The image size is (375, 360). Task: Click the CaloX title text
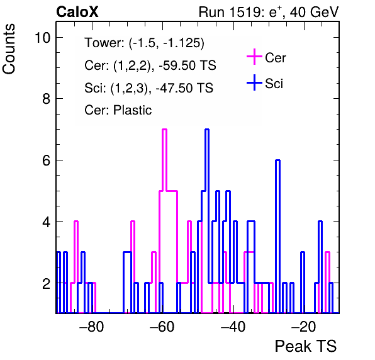coord(77,12)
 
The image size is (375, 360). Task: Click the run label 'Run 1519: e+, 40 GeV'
coord(269,12)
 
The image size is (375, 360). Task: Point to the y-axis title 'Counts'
coord(9,49)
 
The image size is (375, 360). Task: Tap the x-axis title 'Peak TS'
coord(306,346)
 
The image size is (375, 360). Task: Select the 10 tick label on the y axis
coord(43,38)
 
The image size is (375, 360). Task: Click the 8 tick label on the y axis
coord(46,99)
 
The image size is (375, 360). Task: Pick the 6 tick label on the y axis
coord(46,160)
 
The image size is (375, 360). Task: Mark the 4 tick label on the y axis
coord(46,222)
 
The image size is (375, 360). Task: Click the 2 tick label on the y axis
coord(46,283)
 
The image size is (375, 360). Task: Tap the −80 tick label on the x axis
coord(92,327)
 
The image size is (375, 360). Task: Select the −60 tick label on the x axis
coord(162,327)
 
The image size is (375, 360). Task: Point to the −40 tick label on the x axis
coord(233,327)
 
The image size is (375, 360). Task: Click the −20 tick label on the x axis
coord(304,327)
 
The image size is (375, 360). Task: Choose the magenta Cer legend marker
coord(254,57)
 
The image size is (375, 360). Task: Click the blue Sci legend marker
coord(254,83)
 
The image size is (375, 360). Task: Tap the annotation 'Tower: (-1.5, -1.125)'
coord(145,43)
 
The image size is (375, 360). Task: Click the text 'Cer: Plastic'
coord(118,110)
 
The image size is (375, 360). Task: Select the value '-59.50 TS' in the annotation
coord(187,65)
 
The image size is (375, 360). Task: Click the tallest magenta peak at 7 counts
coord(165,130)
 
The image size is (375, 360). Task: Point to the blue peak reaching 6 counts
coord(277,160)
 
